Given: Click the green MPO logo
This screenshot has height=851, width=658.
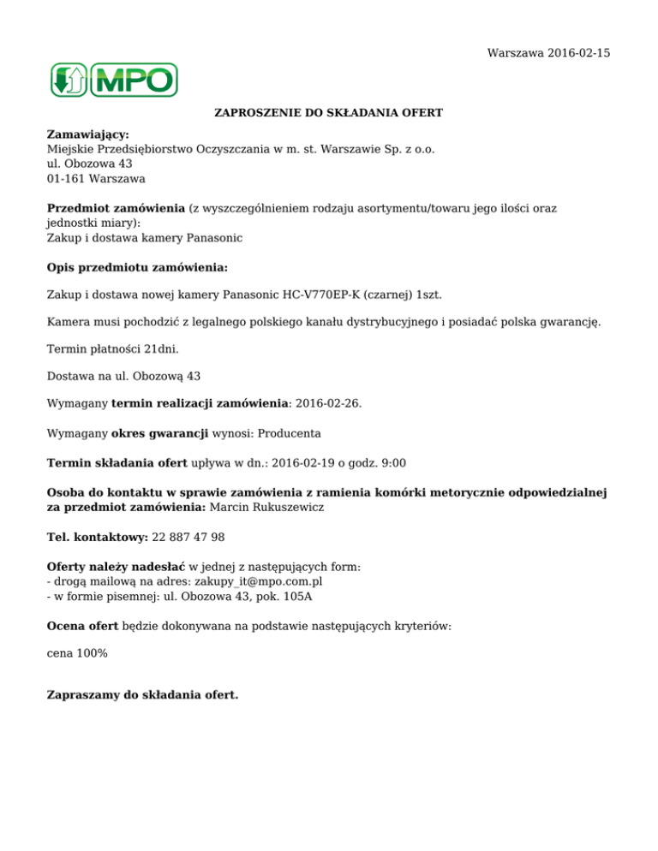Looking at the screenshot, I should pos(113,80).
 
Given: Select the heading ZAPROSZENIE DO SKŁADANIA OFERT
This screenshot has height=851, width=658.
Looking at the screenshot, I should pos(328,113).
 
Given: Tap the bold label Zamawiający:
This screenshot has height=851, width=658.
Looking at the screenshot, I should pos(87,134).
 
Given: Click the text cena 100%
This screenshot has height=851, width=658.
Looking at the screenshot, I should pos(76,653).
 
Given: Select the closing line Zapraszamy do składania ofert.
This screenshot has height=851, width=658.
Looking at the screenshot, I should pos(142,694).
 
